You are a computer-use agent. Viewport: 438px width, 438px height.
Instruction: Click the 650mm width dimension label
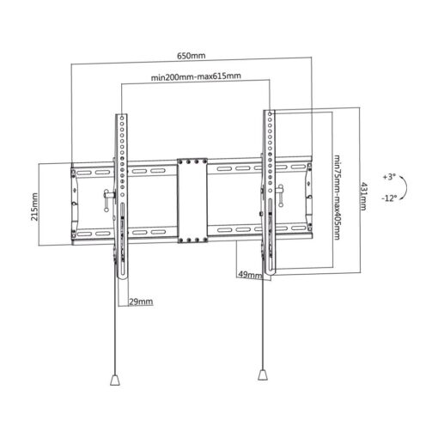191,56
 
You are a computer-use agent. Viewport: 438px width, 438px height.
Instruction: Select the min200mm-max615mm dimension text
196,76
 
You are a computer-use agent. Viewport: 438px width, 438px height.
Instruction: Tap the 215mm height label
34,207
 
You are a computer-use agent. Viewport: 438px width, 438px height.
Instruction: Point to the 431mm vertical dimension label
363,196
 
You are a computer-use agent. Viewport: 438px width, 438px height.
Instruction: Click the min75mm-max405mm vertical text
337,198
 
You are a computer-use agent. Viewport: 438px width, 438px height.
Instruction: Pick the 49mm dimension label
250,275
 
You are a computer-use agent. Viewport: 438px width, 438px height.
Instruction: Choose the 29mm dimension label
141,301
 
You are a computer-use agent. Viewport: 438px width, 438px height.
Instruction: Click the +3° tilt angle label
389,177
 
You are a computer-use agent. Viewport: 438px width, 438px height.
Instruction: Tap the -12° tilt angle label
389,198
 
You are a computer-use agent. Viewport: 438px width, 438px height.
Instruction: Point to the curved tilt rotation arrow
406,187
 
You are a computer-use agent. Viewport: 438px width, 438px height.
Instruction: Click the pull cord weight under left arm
114,380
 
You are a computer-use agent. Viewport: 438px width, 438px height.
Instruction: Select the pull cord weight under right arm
263,374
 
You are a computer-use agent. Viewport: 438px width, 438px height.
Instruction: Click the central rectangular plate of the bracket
192,200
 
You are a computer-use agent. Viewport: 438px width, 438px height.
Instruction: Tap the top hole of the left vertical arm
122,118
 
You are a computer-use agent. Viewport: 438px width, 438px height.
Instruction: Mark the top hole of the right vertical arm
270,114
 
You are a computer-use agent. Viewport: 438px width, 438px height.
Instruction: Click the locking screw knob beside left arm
106,200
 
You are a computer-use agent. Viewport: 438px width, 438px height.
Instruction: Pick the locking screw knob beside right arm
280,195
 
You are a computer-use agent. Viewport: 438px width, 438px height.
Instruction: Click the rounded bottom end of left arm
122,276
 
